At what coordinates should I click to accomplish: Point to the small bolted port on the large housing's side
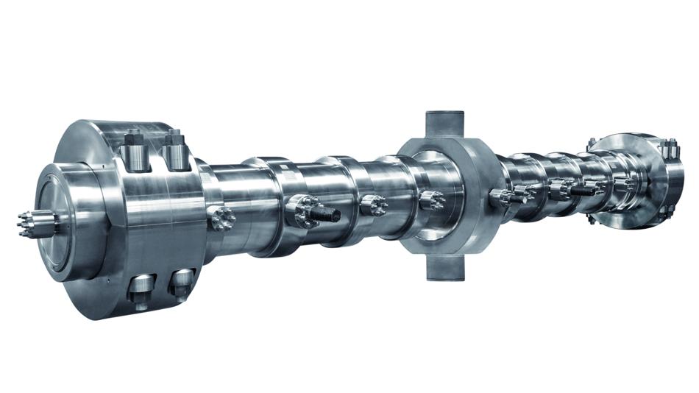pyautogui.click(x=221, y=218)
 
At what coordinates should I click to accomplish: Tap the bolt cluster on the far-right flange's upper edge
pyautogui.click(x=669, y=149)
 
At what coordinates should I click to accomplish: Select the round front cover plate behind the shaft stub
pyautogui.click(x=63, y=221)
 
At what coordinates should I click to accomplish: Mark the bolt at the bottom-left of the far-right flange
pyautogui.click(x=593, y=219)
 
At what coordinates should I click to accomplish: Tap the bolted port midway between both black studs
pyautogui.click(x=373, y=206)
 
